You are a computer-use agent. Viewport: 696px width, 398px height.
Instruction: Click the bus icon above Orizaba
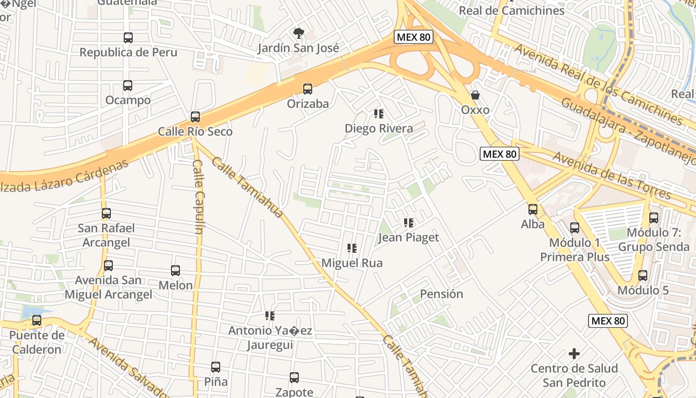(x=308, y=89)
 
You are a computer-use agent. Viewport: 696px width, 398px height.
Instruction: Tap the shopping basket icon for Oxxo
(x=475, y=95)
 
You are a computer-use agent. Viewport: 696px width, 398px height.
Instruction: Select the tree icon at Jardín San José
(x=298, y=34)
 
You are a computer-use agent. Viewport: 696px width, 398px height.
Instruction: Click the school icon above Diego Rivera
(x=379, y=114)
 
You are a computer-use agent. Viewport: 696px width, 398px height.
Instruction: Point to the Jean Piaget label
(x=409, y=237)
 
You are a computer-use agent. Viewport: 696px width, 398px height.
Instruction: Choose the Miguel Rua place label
(x=352, y=263)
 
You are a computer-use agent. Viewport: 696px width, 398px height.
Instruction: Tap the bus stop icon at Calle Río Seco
(x=195, y=117)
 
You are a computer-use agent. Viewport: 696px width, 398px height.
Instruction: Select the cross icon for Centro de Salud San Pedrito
(x=574, y=354)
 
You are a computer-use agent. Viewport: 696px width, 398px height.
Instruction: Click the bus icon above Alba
(x=533, y=209)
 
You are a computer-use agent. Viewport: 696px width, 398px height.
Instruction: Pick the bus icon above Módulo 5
(x=643, y=276)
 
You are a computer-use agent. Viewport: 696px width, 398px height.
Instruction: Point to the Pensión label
(x=441, y=294)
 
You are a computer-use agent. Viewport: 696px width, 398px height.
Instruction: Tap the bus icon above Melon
(x=175, y=271)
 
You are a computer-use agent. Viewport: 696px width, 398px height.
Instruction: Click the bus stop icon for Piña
(x=216, y=367)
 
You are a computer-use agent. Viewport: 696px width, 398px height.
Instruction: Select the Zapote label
(x=294, y=392)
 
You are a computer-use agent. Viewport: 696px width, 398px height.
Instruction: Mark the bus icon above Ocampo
(x=128, y=86)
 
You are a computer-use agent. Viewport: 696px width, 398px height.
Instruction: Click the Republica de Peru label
(x=128, y=52)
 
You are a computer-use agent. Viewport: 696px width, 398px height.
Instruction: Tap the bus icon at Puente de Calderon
(x=37, y=321)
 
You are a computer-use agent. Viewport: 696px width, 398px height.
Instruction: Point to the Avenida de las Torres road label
(x=612, y=175)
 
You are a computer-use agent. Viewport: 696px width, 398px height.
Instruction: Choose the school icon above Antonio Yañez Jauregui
(x=270, y=316)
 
